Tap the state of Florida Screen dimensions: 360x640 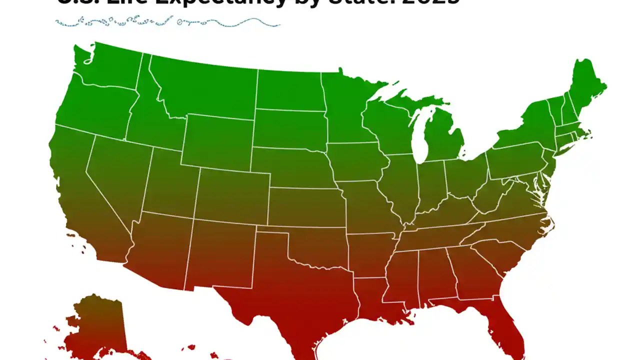505,325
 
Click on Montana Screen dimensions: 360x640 205,90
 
